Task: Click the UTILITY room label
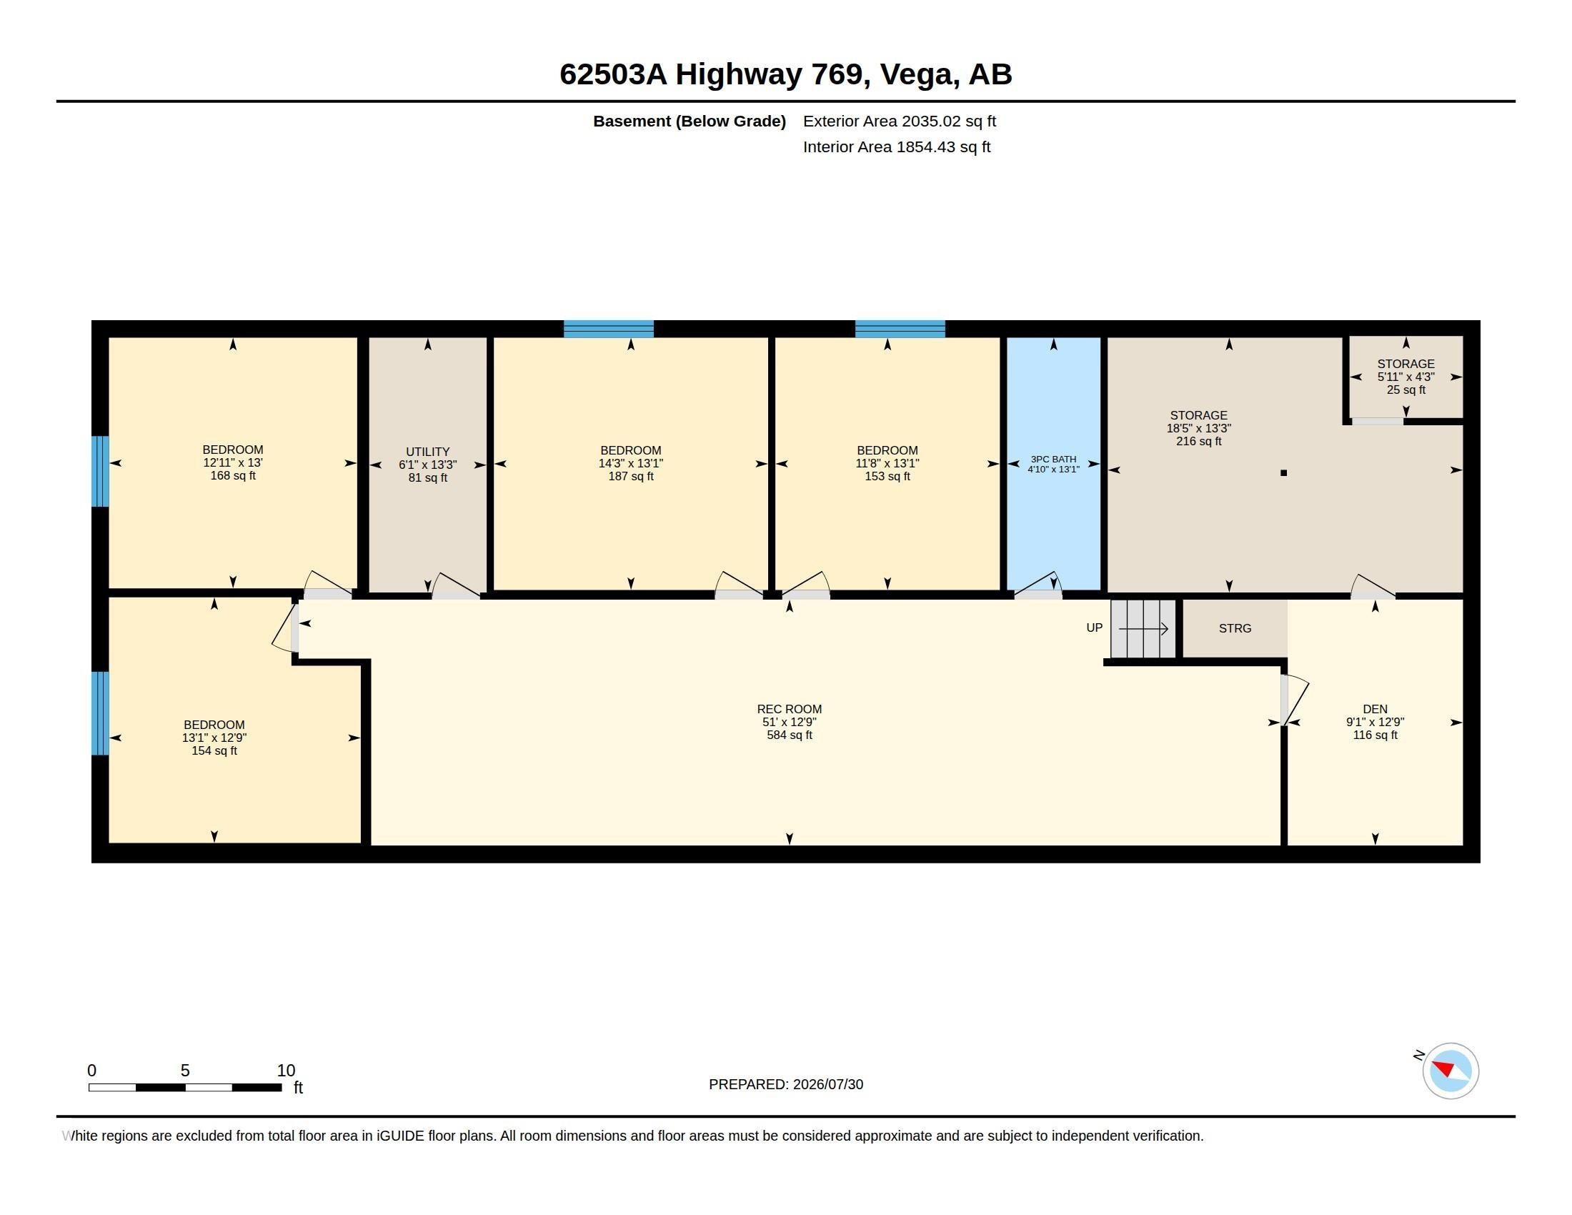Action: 427,452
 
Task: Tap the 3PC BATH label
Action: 1053,460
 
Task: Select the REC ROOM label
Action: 789,709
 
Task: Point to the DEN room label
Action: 1375,709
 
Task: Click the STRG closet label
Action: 1235,628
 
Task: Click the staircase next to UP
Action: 1143,628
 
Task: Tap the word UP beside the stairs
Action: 1094,628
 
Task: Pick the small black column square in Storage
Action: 1283,473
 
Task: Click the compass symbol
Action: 1451,1071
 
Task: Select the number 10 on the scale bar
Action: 286,1071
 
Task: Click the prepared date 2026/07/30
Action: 827,1084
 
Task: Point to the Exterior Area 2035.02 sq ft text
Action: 899,121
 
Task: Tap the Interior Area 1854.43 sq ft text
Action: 896,147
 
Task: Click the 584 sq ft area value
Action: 789,735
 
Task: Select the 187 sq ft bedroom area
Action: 630,476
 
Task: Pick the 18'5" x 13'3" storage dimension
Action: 1198,428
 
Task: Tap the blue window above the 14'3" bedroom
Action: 608,329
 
